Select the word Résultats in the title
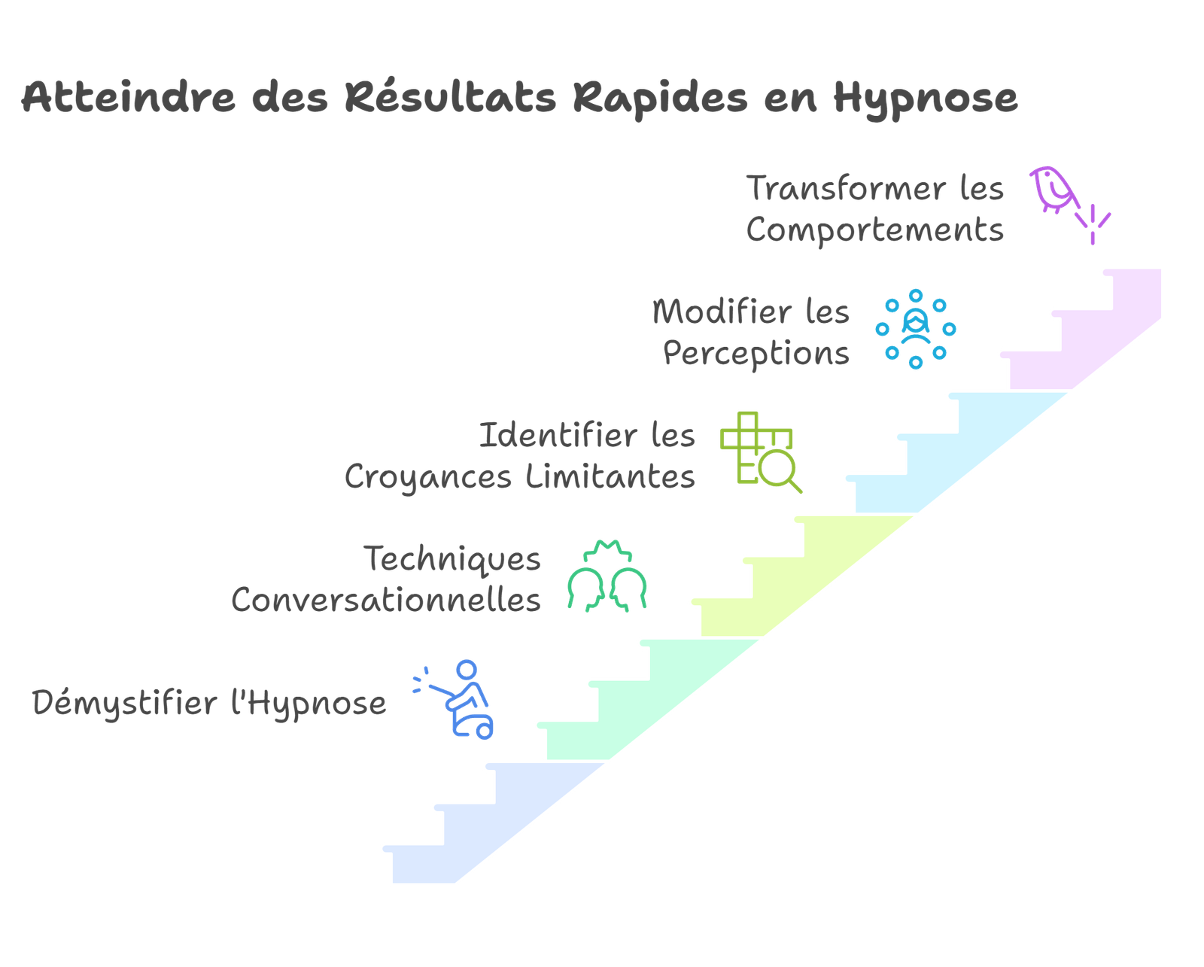[x=451, y=98]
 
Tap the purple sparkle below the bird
[x=1093, y=224]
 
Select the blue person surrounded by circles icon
[x=916, y=329]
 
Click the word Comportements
[x=875, y=230]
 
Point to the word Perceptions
[x=756, y=353]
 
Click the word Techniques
[x=452, y=559]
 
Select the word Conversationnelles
[x=386, y=600]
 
